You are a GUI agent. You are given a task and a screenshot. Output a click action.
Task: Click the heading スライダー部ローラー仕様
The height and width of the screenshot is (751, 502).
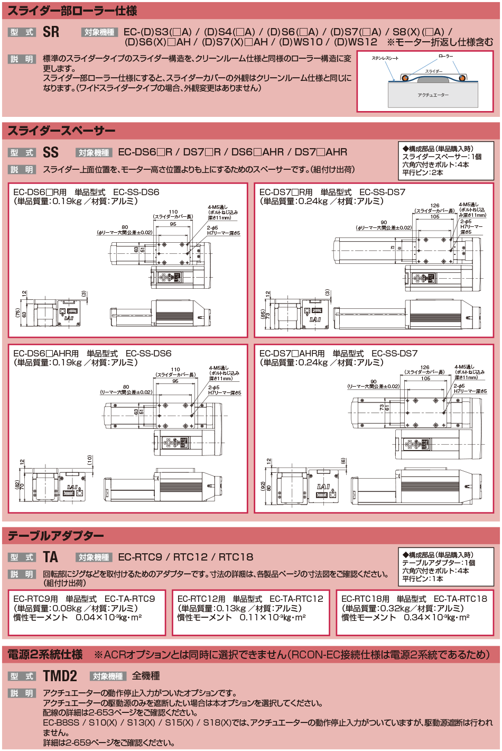72,11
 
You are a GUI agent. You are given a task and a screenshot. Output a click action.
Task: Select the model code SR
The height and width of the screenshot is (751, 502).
51,32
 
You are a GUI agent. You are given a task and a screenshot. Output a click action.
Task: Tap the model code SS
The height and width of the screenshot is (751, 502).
51,152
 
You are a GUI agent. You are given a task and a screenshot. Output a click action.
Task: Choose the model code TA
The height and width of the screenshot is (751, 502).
51,557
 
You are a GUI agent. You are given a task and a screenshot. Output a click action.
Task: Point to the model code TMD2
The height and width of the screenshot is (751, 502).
60,676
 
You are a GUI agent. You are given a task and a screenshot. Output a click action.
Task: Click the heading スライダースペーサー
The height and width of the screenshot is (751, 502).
61,131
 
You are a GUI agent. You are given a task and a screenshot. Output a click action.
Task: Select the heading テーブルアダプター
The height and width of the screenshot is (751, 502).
55,536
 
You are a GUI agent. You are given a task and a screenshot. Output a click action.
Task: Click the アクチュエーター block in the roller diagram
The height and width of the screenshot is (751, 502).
433,95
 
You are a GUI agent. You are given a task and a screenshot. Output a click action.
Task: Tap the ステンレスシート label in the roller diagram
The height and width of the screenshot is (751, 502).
385,58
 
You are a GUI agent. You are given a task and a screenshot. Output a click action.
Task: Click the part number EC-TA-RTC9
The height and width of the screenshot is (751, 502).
130,599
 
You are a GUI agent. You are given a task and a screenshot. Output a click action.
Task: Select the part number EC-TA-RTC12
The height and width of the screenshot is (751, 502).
296,599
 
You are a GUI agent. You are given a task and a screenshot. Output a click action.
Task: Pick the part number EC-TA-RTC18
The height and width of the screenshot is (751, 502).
460,599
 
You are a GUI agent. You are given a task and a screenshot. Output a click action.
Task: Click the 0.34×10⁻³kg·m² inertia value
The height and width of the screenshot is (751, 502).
436,618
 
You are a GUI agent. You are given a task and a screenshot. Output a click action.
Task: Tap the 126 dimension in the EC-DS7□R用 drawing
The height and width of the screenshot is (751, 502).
434,206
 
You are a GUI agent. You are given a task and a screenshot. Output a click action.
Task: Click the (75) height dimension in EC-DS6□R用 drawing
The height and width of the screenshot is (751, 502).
17,314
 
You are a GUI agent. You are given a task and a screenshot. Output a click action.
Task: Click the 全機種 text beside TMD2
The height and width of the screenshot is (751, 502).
146,676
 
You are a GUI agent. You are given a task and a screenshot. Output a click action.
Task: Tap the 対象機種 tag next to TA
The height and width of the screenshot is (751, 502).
94,557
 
